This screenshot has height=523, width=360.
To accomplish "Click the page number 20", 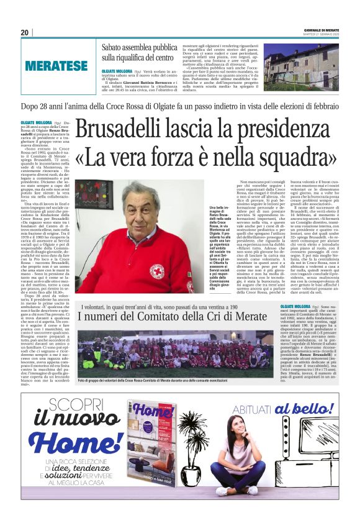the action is point(25,32).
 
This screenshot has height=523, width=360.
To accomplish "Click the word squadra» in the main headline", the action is point(294,158).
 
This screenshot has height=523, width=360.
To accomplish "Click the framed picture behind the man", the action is point(95,204).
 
